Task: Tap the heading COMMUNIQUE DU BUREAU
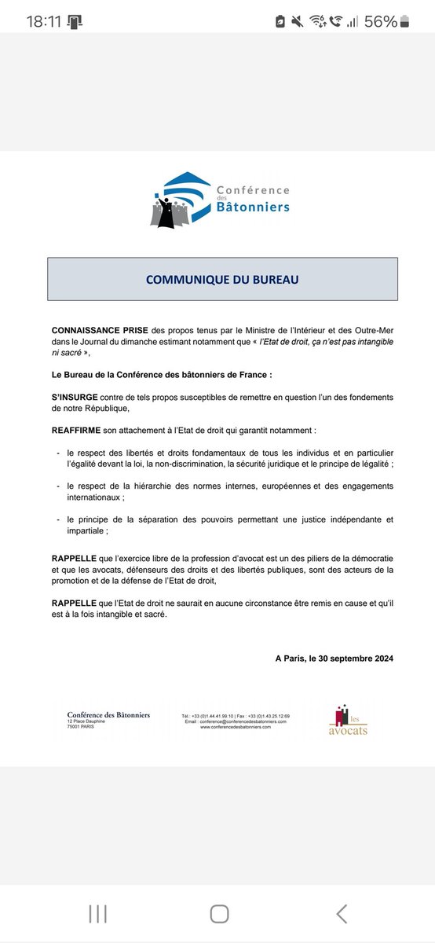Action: pyautogui.click(x=222, y=279)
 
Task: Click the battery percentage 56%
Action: pyautogui.click(x=379, y=21)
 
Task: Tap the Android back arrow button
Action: pyautogui.click(x=341, y=912)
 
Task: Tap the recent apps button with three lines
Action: pyautogui.click(x=97, y=912)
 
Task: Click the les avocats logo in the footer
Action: pyautogui.click(x=348, y=721)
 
